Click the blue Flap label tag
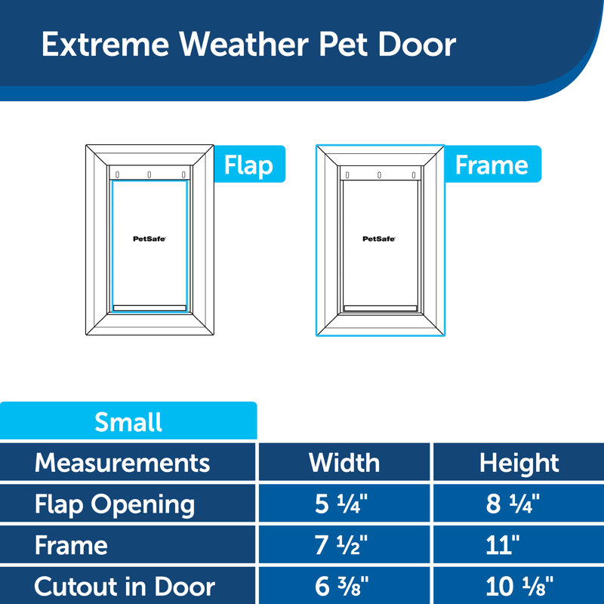tap(248, 165)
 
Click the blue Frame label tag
tap(492, 165)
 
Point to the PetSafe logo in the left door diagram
tap(149, 238)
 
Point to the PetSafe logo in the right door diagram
tap(379, 238)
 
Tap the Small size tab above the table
tap(128, 421)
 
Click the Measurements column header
tap(122, 462)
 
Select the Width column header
tap(344, 462)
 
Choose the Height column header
tap(519, 462)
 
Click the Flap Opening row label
tap(115, 504)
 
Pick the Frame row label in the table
tap(71, 545)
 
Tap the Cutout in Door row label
tap(125, 586)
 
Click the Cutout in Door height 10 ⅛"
tap(519, 586)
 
